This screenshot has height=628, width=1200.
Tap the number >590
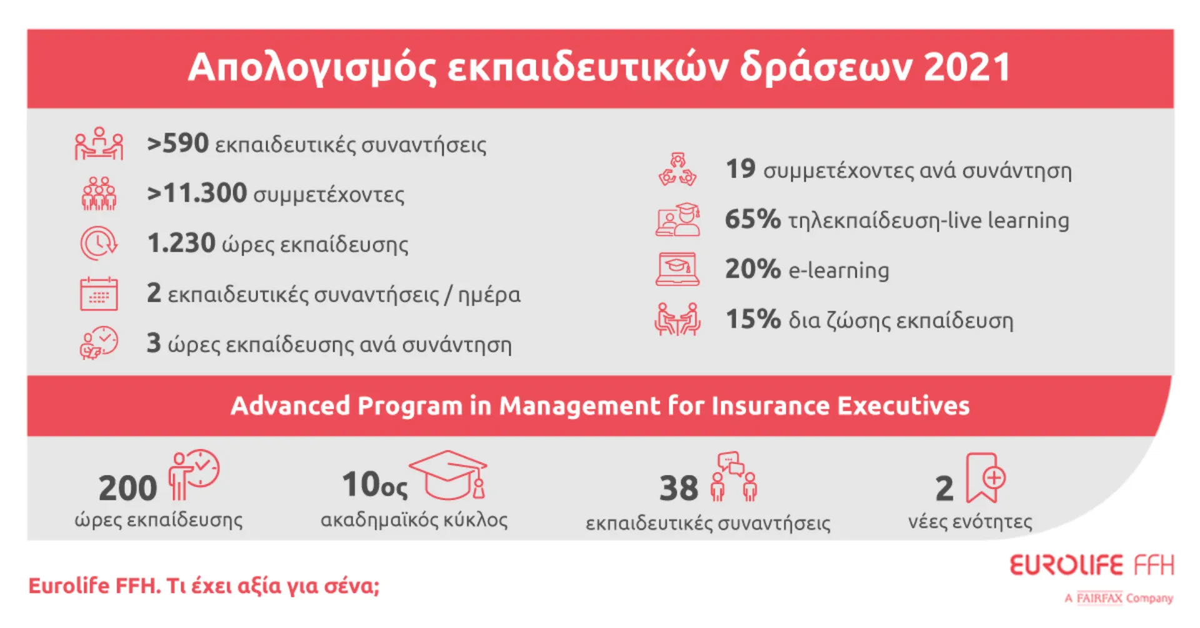click(177, 144)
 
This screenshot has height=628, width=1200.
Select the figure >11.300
click(197, 194)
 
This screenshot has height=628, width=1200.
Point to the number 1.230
click(181, 243)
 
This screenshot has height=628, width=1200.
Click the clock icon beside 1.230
click(98, 243)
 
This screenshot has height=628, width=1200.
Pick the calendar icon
click(99, 294)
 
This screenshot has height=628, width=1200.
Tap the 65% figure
click(752, 219)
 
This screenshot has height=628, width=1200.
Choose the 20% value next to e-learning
click(752, 269)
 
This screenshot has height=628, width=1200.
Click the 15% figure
click(752, 319)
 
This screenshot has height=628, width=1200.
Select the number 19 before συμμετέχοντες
click(741, 169)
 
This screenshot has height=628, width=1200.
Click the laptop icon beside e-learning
click(677, 269)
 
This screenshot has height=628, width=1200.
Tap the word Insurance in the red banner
click(770, 406)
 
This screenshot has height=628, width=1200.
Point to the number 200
click(127, 488)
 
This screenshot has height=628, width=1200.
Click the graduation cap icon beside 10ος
click(449, 475)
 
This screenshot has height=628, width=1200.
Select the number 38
click(678, 488)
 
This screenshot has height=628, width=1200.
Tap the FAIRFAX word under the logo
click(1099, 598)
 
